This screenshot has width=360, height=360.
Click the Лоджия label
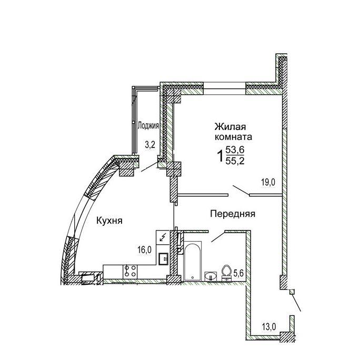pyautogui.click(x=148, y=126)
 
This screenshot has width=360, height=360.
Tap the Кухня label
pyautogui.click(x=109, y=221)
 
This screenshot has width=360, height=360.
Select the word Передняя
pyautogui.click(x=233, y=214)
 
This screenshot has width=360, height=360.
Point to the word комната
pyautogui.click(x=233, y=137)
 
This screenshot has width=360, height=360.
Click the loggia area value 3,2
pyautogui.click(x=150, y=145)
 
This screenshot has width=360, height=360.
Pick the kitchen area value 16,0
pyautogui.click(x=144, y=250)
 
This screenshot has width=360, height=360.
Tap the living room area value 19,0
pyautogui.click(x=268, y=183)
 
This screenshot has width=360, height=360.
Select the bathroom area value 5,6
pyautogui.click(x=238, y=273)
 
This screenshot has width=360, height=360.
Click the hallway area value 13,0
pyautogui.click(x=269, y=326)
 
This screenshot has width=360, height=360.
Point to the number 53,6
pyautogui.click(x=235, y=151)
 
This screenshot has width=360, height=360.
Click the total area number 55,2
pyautogui.click(x=235, y=161)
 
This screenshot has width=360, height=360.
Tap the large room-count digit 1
pyautogui.click(x=220, y=156)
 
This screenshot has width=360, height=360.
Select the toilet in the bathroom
pyautogui.click(x=227, y=273)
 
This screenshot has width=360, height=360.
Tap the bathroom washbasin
pyautogui.click(x=211, y=276)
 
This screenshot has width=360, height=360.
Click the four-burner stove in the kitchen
pyautogui.click(x=130, y=272)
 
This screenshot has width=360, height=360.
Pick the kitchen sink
pyautogui.click(x=164, y=258)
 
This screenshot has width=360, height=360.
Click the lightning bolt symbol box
pyautogui.click(x=163, y=237)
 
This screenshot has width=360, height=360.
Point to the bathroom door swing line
pyautogui.click(x=218, y=237)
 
